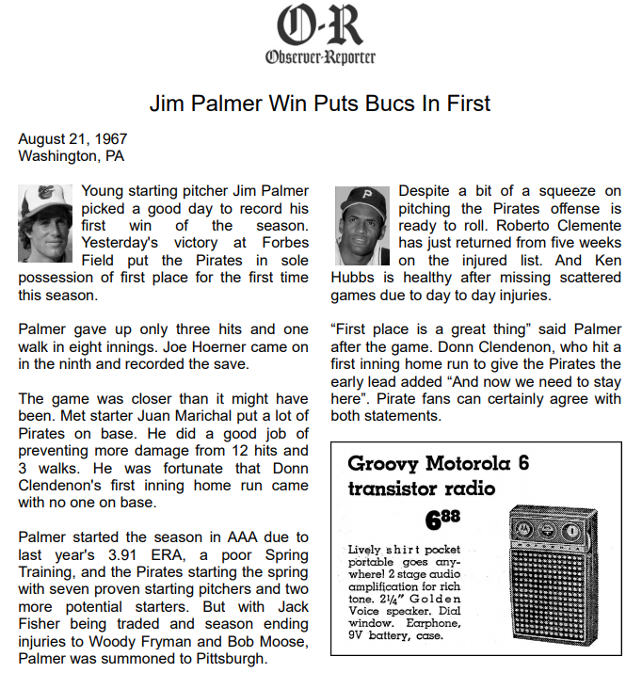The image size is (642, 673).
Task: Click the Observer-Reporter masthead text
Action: [x=320, y=56]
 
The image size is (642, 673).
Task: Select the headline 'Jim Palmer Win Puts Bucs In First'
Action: [x=320, y=103]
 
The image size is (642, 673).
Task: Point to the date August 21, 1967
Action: [x=72, y=138]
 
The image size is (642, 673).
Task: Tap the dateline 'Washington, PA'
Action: [x=71, y=155]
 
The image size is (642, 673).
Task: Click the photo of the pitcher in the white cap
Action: [x=45, y=223]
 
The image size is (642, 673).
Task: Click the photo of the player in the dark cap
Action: [x=362, y=226]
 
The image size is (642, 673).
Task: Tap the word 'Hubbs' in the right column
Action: [x=355, y=278]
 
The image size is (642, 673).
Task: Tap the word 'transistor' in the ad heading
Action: [x=395, y=489]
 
